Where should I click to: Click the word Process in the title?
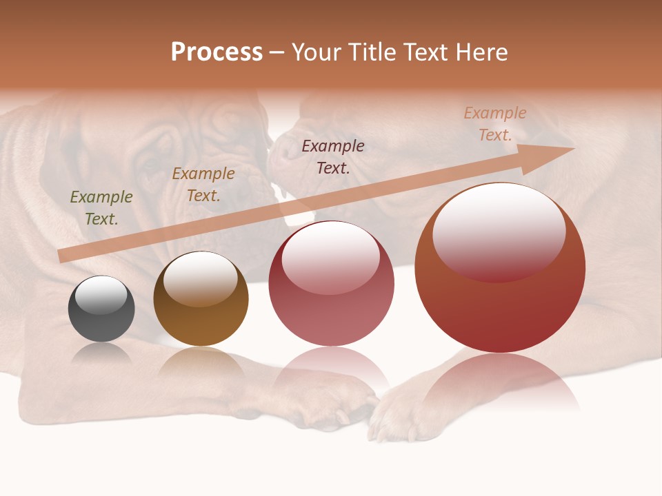[217, 52]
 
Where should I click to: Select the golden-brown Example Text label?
[203, 185]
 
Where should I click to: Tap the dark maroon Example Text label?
[333, 156]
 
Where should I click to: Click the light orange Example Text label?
[495, 124]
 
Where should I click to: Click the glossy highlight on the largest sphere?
[499, 231]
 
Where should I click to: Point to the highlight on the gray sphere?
[101, 295]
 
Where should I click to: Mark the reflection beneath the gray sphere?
[101, 355]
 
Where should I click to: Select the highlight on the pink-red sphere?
[331, 256]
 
